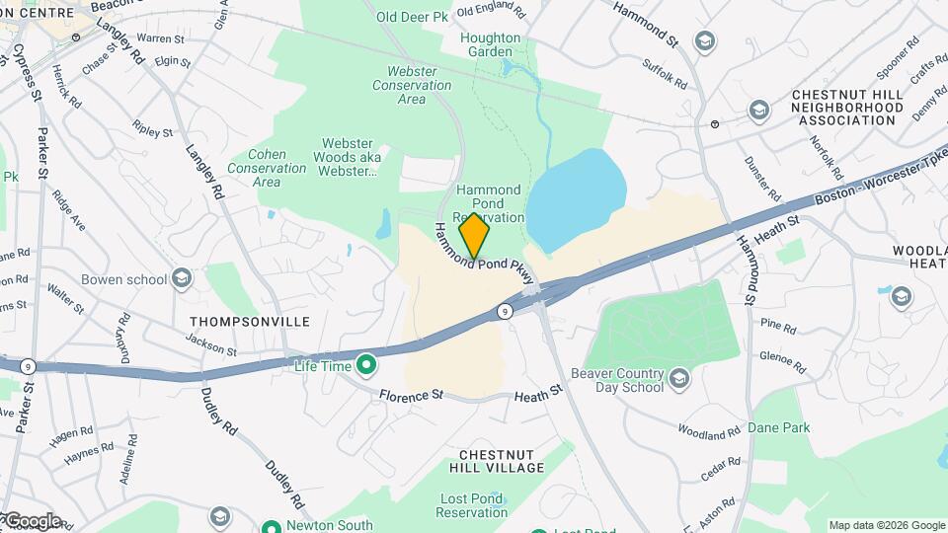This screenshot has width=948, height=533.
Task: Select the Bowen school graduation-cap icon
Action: click(181, 279)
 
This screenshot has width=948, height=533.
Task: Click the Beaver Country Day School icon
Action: click(678, 378)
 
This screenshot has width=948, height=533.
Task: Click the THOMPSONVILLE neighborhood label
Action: click(250, 322)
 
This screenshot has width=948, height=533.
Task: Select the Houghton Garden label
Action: click(490, 46)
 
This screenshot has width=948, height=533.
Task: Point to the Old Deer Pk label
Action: click(411, 17)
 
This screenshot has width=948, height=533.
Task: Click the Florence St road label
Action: click(410, 394)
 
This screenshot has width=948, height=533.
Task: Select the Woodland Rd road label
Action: click(709, 431)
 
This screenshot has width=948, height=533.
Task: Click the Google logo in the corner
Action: click(32, 521)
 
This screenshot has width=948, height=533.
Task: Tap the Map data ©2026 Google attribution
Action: click(886, 525)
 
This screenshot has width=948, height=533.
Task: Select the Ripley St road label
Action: click(153, 129)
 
